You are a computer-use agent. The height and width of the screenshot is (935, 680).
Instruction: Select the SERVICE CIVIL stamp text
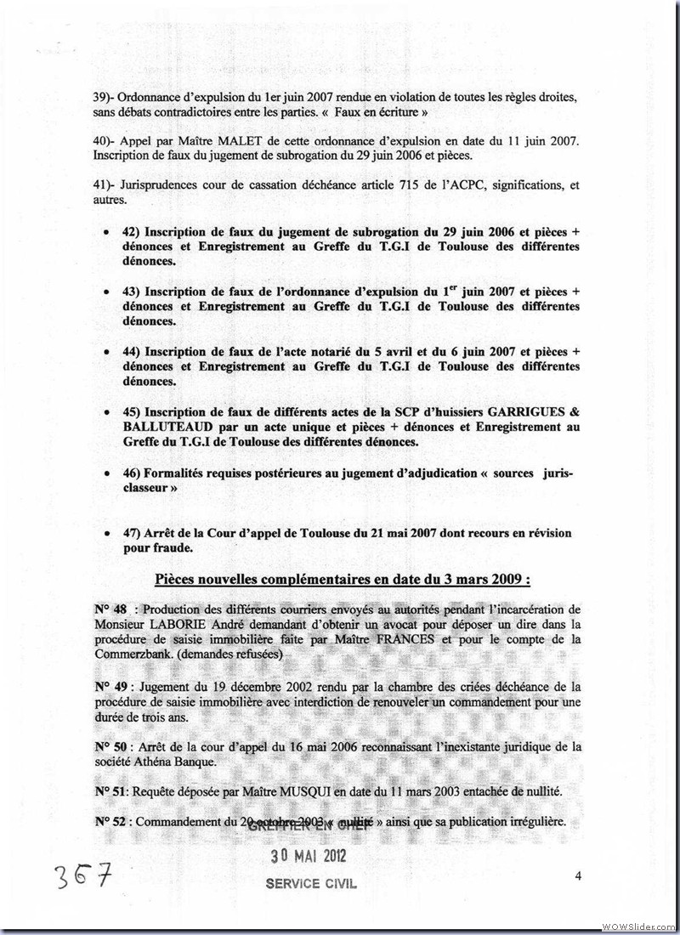[311, 883]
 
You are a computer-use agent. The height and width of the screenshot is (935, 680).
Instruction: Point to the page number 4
[577, 876]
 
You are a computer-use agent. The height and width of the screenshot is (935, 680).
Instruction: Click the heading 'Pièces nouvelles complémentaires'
[343, 580]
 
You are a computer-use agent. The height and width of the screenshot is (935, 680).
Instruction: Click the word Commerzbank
[130, 654]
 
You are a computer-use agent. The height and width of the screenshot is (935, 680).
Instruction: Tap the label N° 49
[110, 686]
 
